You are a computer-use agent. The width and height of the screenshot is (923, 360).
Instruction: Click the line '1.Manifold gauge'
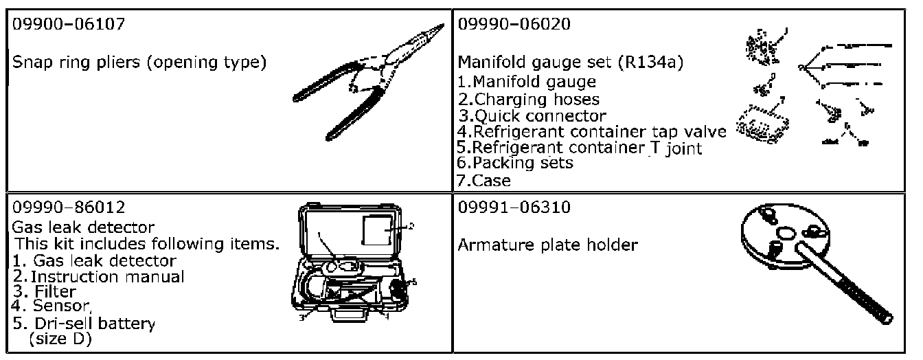tap(527, 82)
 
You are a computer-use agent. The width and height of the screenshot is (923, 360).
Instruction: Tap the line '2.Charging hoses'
tap(529, 98)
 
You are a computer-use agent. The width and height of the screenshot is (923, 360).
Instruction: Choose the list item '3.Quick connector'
tap(532, 115)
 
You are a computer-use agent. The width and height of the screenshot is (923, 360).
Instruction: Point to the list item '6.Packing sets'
tap(515, 164)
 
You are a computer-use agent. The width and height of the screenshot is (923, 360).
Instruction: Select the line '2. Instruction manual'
tap(99, 277)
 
